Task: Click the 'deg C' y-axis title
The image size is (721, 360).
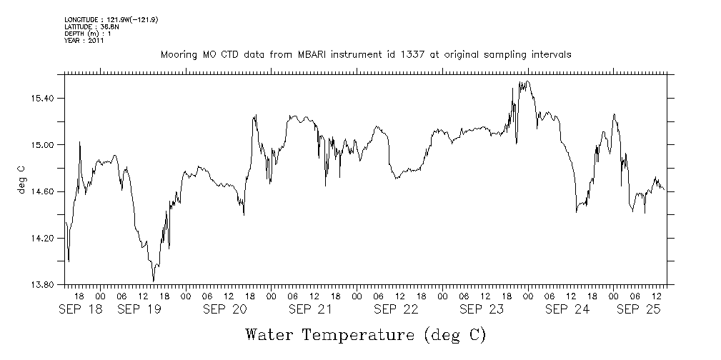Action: pos(21,179)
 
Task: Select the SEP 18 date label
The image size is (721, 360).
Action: pos(79,309)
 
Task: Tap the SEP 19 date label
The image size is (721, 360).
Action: pos(139,309)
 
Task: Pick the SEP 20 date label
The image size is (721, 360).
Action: pos(224,309)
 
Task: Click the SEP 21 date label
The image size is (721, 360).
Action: pos(310,309)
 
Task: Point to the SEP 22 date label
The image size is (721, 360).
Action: pos(396,309)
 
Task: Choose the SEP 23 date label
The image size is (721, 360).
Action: pos(482,309)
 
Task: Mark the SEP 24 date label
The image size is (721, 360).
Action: pos(567,309)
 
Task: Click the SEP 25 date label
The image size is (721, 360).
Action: pos(638,309)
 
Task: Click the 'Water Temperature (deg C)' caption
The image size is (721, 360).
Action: pos(365,334)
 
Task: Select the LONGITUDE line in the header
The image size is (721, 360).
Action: pos(111,20)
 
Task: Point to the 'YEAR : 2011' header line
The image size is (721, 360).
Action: pos(84,41)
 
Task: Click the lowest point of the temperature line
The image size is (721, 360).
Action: pos(153,281)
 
